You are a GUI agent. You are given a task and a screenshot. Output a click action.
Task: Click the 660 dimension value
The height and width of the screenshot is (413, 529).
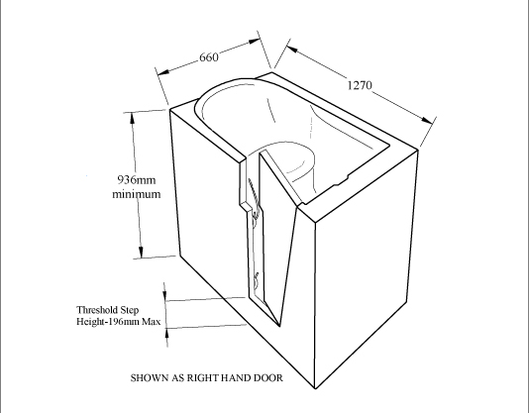tap(209, 57)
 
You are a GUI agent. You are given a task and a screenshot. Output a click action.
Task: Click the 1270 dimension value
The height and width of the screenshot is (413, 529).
tap(360, 85)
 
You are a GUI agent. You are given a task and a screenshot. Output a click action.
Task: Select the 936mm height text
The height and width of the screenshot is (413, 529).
tap(137, 179)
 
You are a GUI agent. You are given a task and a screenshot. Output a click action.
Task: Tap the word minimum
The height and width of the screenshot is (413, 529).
tap(137, 194)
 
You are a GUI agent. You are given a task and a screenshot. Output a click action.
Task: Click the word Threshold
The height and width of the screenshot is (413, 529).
tap(97, 310)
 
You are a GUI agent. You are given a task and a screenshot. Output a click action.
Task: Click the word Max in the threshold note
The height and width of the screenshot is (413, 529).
tap(151, 321)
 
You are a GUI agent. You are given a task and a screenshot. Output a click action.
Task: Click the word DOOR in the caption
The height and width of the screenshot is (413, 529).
tap(268, 377)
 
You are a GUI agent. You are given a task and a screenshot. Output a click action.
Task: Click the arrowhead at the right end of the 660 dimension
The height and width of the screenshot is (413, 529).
tap(255, 42)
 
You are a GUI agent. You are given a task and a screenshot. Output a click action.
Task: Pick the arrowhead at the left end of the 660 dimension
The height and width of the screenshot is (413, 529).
tap(163, 72)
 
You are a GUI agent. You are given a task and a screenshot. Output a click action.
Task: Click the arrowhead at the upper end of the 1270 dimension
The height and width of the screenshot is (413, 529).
tap(292, 49)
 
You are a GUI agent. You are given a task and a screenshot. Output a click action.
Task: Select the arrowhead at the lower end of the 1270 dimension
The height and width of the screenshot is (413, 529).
tap(427, 120)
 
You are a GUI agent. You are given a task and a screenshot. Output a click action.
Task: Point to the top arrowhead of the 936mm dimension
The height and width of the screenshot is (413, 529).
tap(133, 118)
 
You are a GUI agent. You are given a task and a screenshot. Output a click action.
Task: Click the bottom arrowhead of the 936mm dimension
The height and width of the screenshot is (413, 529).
tap(141, 252)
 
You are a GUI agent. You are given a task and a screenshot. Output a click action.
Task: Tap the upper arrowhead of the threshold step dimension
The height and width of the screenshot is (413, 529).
tap(165, 295)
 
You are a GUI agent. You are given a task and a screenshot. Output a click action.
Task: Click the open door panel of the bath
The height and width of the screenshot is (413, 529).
tap(276, 233)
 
